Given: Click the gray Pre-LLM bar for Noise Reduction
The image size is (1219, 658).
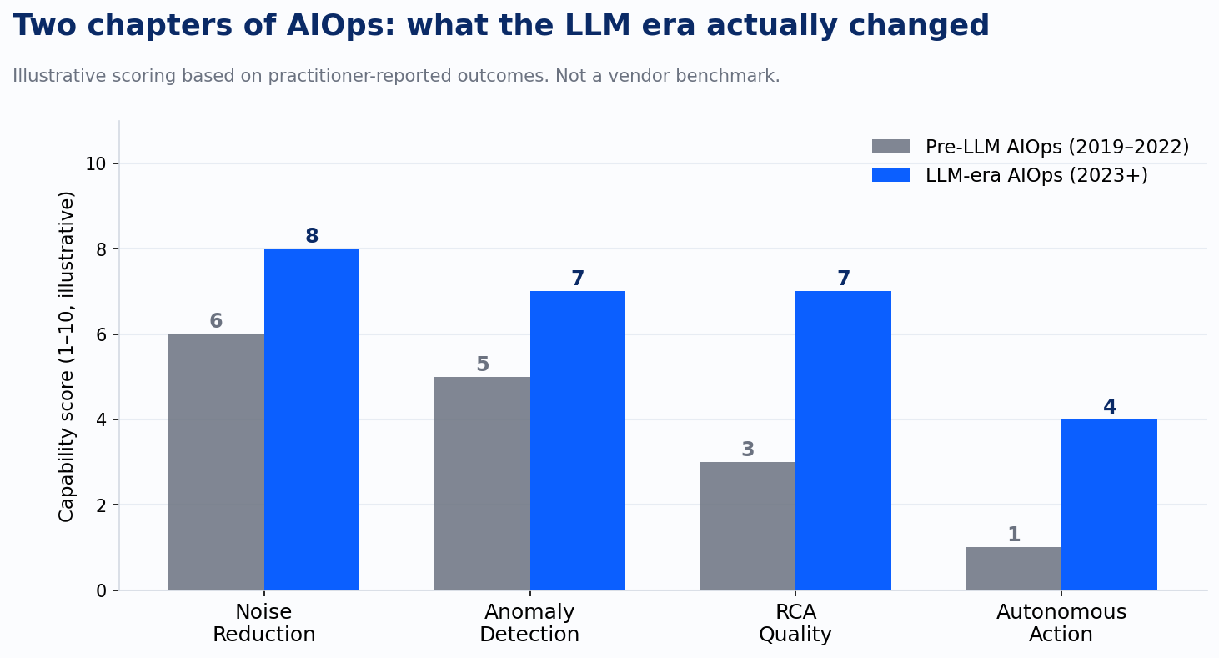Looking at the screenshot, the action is (216, 462).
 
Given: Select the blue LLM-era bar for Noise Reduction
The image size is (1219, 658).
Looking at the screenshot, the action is (312, 419).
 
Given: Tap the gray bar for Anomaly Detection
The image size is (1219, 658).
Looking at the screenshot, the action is (482, 484).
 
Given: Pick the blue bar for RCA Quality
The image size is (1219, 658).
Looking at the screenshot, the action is (843, 440).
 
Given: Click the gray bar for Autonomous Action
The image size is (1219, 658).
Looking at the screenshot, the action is (1014, 569).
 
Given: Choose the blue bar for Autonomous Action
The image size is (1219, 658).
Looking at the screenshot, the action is (1109, 505).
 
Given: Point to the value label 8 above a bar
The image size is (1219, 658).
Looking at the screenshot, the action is (312, 236).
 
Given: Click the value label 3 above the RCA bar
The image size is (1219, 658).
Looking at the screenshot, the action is (748, 449).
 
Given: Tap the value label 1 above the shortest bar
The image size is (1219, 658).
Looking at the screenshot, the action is (1014, 535).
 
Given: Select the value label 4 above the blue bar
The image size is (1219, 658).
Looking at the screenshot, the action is (1110, 406).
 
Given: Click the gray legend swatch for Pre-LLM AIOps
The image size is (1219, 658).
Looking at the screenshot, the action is (890, 147).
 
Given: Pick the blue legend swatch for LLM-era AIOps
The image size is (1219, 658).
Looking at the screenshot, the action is (890, 175).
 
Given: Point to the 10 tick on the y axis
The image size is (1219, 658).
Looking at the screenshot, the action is (95, 163).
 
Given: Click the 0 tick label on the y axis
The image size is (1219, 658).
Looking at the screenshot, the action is (101, 591).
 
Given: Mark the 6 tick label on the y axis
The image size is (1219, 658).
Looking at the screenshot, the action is (101, 334).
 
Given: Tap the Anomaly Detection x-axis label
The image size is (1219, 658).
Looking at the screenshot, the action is (529, 623).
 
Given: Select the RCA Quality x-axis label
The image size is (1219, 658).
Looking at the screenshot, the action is (795, 623).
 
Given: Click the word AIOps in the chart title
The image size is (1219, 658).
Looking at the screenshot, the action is (340, 26).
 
